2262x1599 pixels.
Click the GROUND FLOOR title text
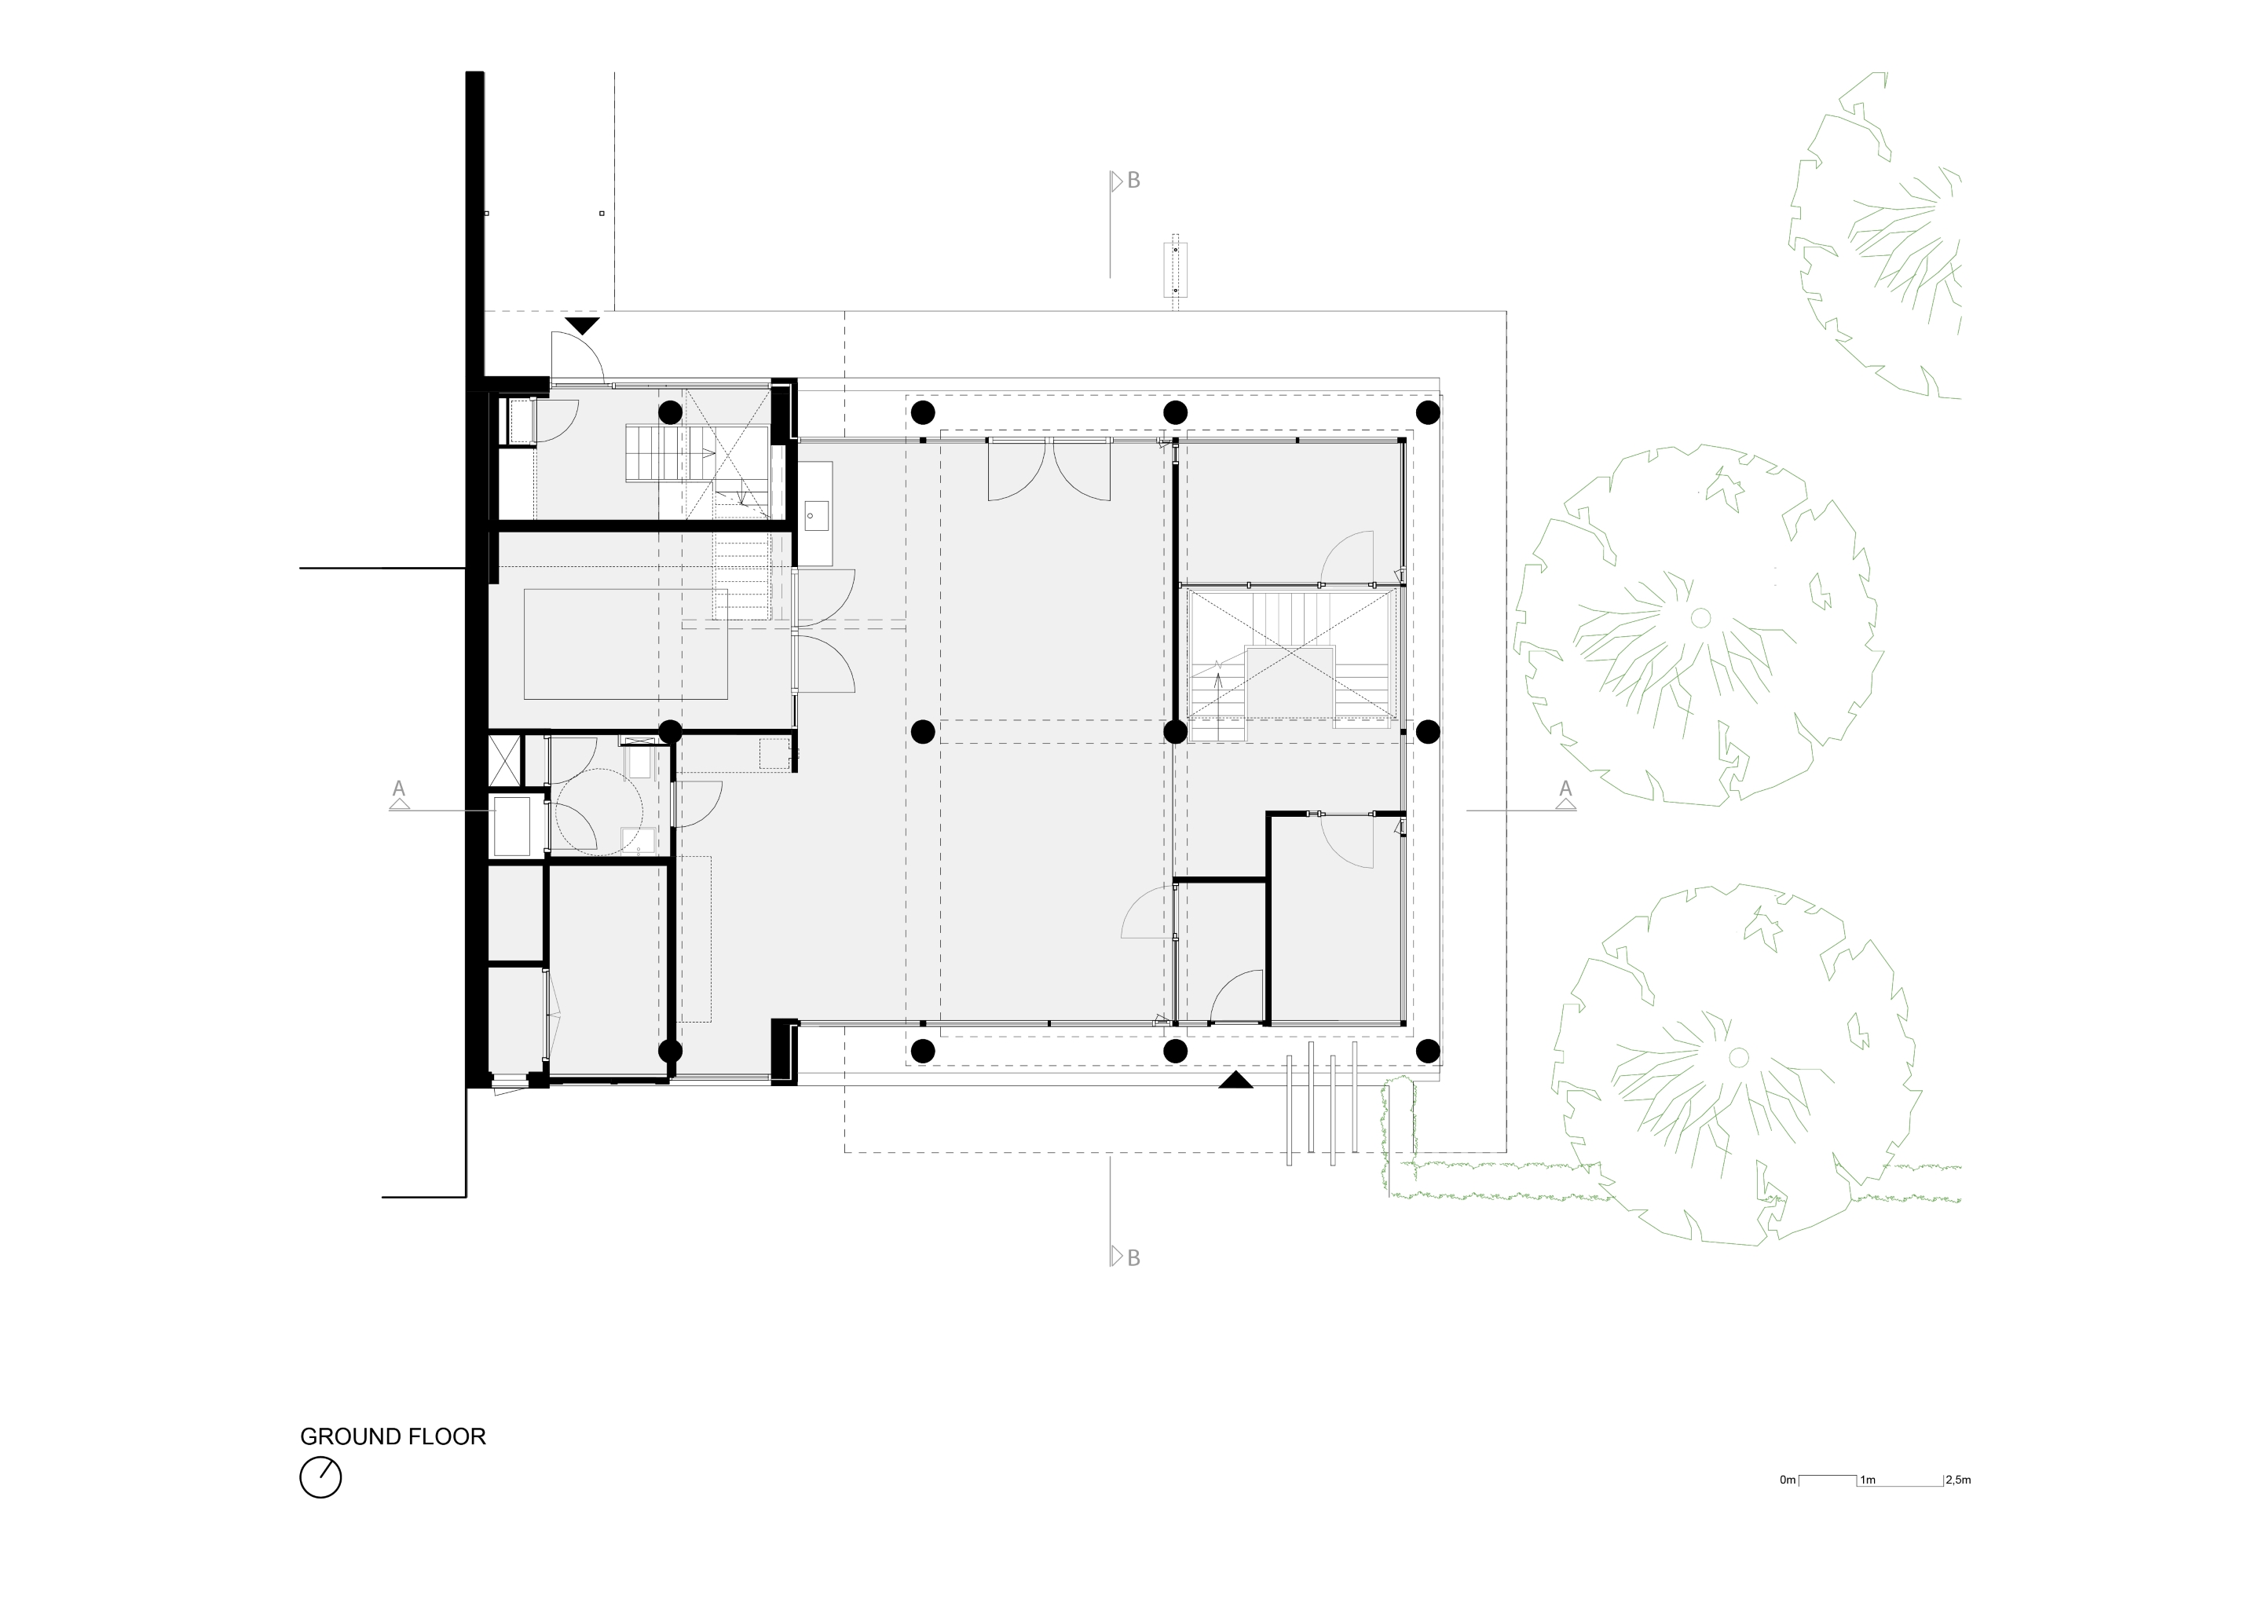[x=392, y=1436]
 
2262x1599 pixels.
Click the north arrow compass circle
[x=320, y=1478]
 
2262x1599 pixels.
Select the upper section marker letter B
[x=1133, y=181]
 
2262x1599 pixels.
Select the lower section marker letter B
[x=1133, y=1258]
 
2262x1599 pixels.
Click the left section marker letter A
[x=399, y=789]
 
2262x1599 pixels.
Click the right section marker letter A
[x=1565, y=789]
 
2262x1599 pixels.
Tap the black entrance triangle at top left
[x=582, y=325]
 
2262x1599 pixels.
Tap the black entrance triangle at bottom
[x=1235, y=1080]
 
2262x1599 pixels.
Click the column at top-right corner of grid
[x=1428, y=411]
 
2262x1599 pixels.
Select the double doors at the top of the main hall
[x=1049, y=469]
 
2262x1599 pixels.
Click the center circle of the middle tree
[x=1700, y=618]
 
